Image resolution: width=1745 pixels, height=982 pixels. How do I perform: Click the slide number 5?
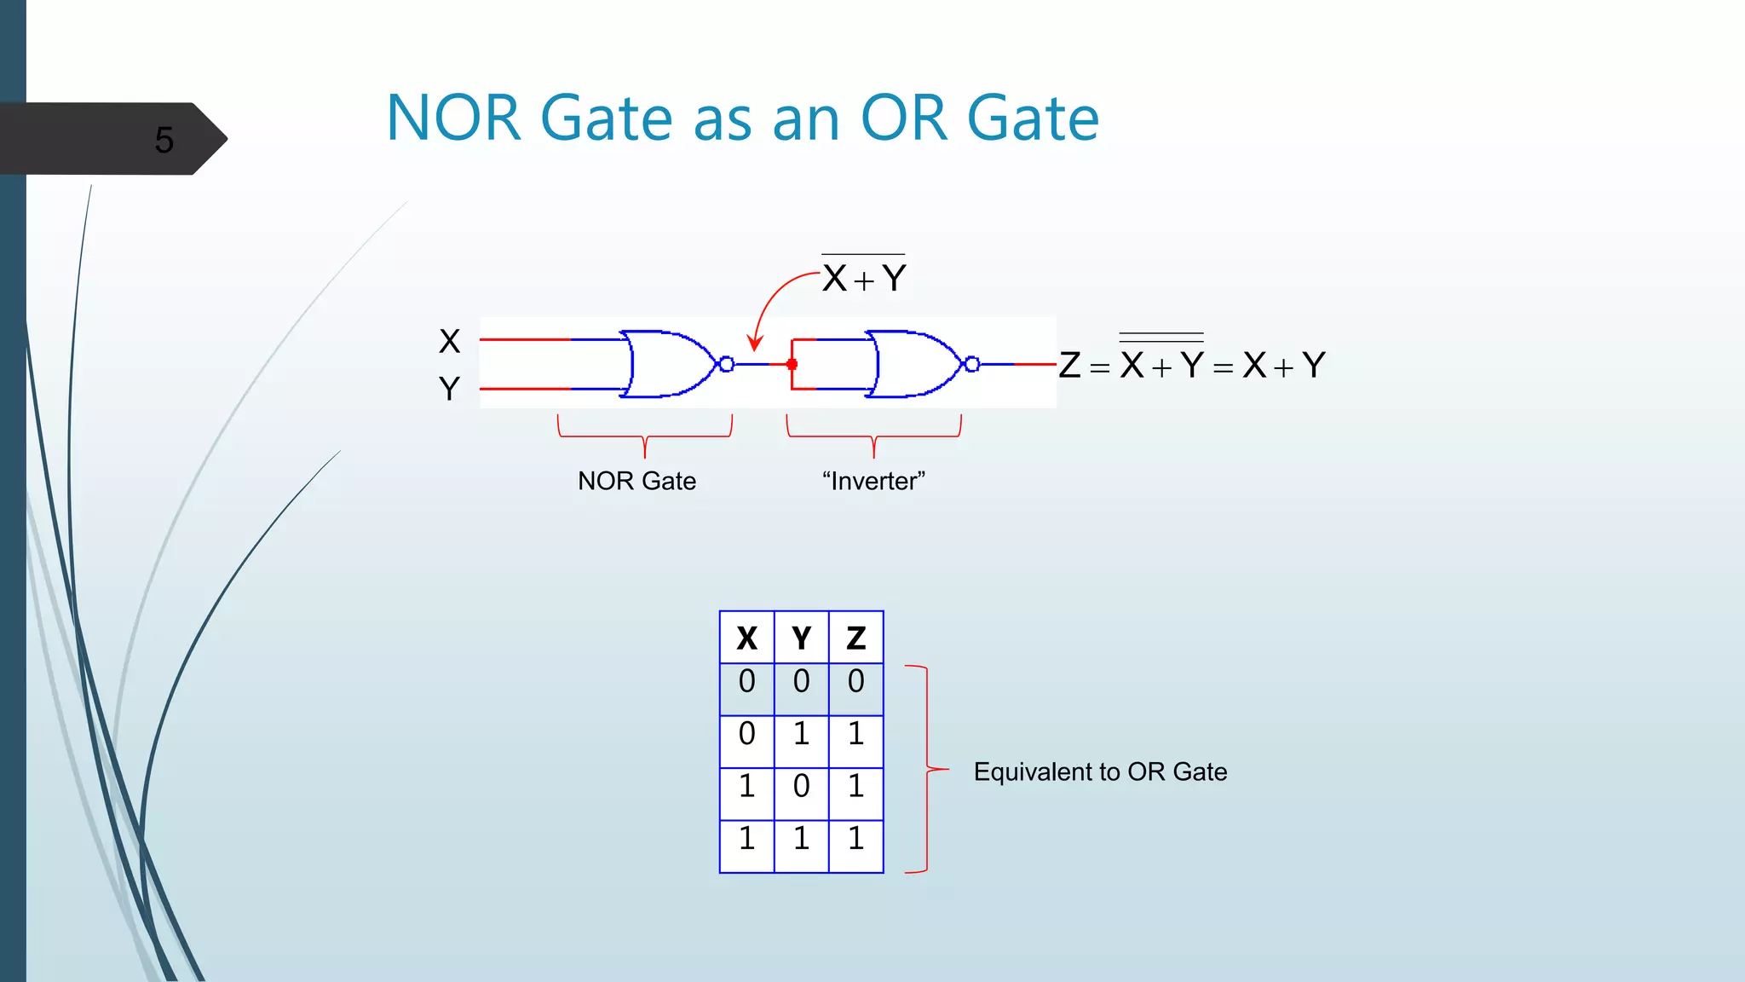point(164,140)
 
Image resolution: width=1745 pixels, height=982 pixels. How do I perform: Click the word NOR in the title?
point(452,118)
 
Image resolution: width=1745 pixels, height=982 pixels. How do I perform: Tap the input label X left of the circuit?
point(449,342)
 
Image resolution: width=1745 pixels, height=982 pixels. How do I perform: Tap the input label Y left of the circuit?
point(449,390)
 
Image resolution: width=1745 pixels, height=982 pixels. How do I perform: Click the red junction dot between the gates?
point(792,364)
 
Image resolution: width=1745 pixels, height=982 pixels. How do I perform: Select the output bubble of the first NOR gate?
point(727,364)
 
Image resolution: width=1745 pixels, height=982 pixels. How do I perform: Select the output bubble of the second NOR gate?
point(972,364)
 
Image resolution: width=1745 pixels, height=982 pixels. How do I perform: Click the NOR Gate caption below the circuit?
point(636,481)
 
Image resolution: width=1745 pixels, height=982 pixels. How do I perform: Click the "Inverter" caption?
point(873,481)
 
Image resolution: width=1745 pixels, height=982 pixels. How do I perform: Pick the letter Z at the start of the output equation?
point(1069,366)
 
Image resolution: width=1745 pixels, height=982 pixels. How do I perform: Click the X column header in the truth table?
point(746,638)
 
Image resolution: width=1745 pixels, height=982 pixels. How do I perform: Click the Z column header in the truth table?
point(855,638)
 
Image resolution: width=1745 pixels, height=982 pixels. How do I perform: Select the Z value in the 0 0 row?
point(855,681)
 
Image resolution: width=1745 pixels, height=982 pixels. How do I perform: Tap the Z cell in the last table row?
point(855,839)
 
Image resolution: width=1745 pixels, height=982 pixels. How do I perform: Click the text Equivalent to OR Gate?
point(1100,771)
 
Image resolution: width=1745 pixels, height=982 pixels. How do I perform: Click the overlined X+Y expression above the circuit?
point(864,277)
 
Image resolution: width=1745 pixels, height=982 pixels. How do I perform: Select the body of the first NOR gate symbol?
point(669,364)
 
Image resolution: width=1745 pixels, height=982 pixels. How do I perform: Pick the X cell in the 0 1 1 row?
point(746,734)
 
